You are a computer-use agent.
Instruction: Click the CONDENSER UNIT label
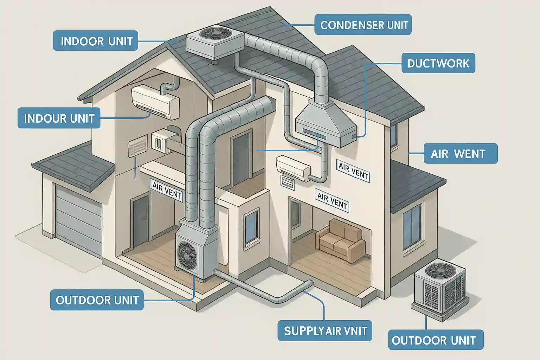[363, 25]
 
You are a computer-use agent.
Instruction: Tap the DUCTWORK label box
[438, 63]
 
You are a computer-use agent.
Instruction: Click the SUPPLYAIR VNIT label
[325, 331]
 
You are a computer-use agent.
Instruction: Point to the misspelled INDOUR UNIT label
[59, 118]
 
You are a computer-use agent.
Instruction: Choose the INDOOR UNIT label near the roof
[96, 41]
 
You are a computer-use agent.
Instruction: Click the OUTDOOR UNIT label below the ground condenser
[436, 340]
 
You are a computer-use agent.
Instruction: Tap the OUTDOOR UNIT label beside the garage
[97, 300]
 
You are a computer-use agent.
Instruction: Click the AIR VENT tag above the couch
[332, 200]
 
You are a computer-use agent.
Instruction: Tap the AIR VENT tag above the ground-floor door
[167, 191]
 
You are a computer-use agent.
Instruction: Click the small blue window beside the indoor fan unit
[251, 225]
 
